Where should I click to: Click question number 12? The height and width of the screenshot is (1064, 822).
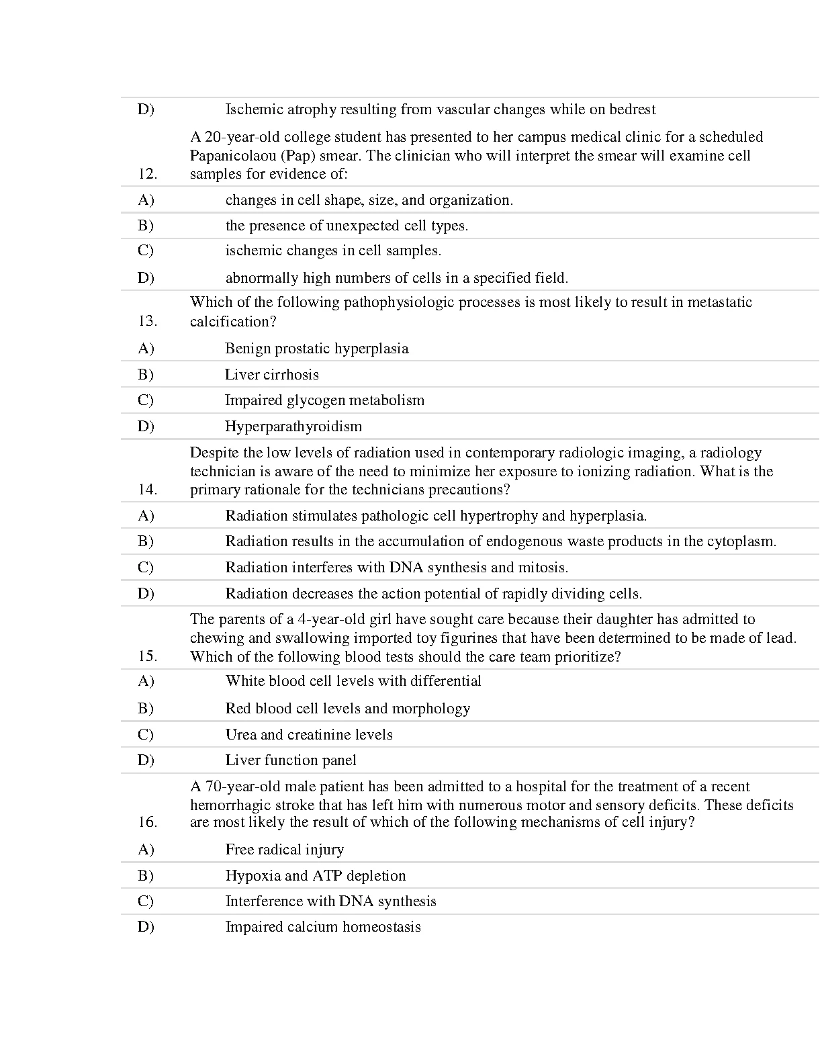pos(148,174)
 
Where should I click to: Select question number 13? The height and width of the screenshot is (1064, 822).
pos(148,321)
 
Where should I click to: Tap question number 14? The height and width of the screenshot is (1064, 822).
pos(148,489)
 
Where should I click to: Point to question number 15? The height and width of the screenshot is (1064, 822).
pos(148,656)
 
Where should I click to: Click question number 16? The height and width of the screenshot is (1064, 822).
pos(148,822)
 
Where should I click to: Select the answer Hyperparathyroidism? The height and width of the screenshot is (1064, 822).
pos(293,427)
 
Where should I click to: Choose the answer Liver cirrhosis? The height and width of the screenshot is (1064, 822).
pos(271,375)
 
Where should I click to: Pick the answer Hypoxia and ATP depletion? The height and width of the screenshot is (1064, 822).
pos(315,876)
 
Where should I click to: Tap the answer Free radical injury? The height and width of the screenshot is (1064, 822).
pos(284,850)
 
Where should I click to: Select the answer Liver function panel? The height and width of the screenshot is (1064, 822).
pos(290,760)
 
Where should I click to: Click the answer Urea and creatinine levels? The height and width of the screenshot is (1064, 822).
pos(308,735)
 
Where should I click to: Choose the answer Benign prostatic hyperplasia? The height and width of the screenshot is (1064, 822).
pos(316,349)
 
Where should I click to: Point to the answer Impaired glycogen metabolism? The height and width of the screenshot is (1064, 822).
pos(324,400)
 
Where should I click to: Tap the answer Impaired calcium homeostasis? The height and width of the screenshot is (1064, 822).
pos(322,927)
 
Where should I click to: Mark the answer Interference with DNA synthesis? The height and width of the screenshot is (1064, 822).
pos(330,901)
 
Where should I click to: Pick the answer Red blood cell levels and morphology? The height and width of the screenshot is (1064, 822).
pos(347,709)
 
